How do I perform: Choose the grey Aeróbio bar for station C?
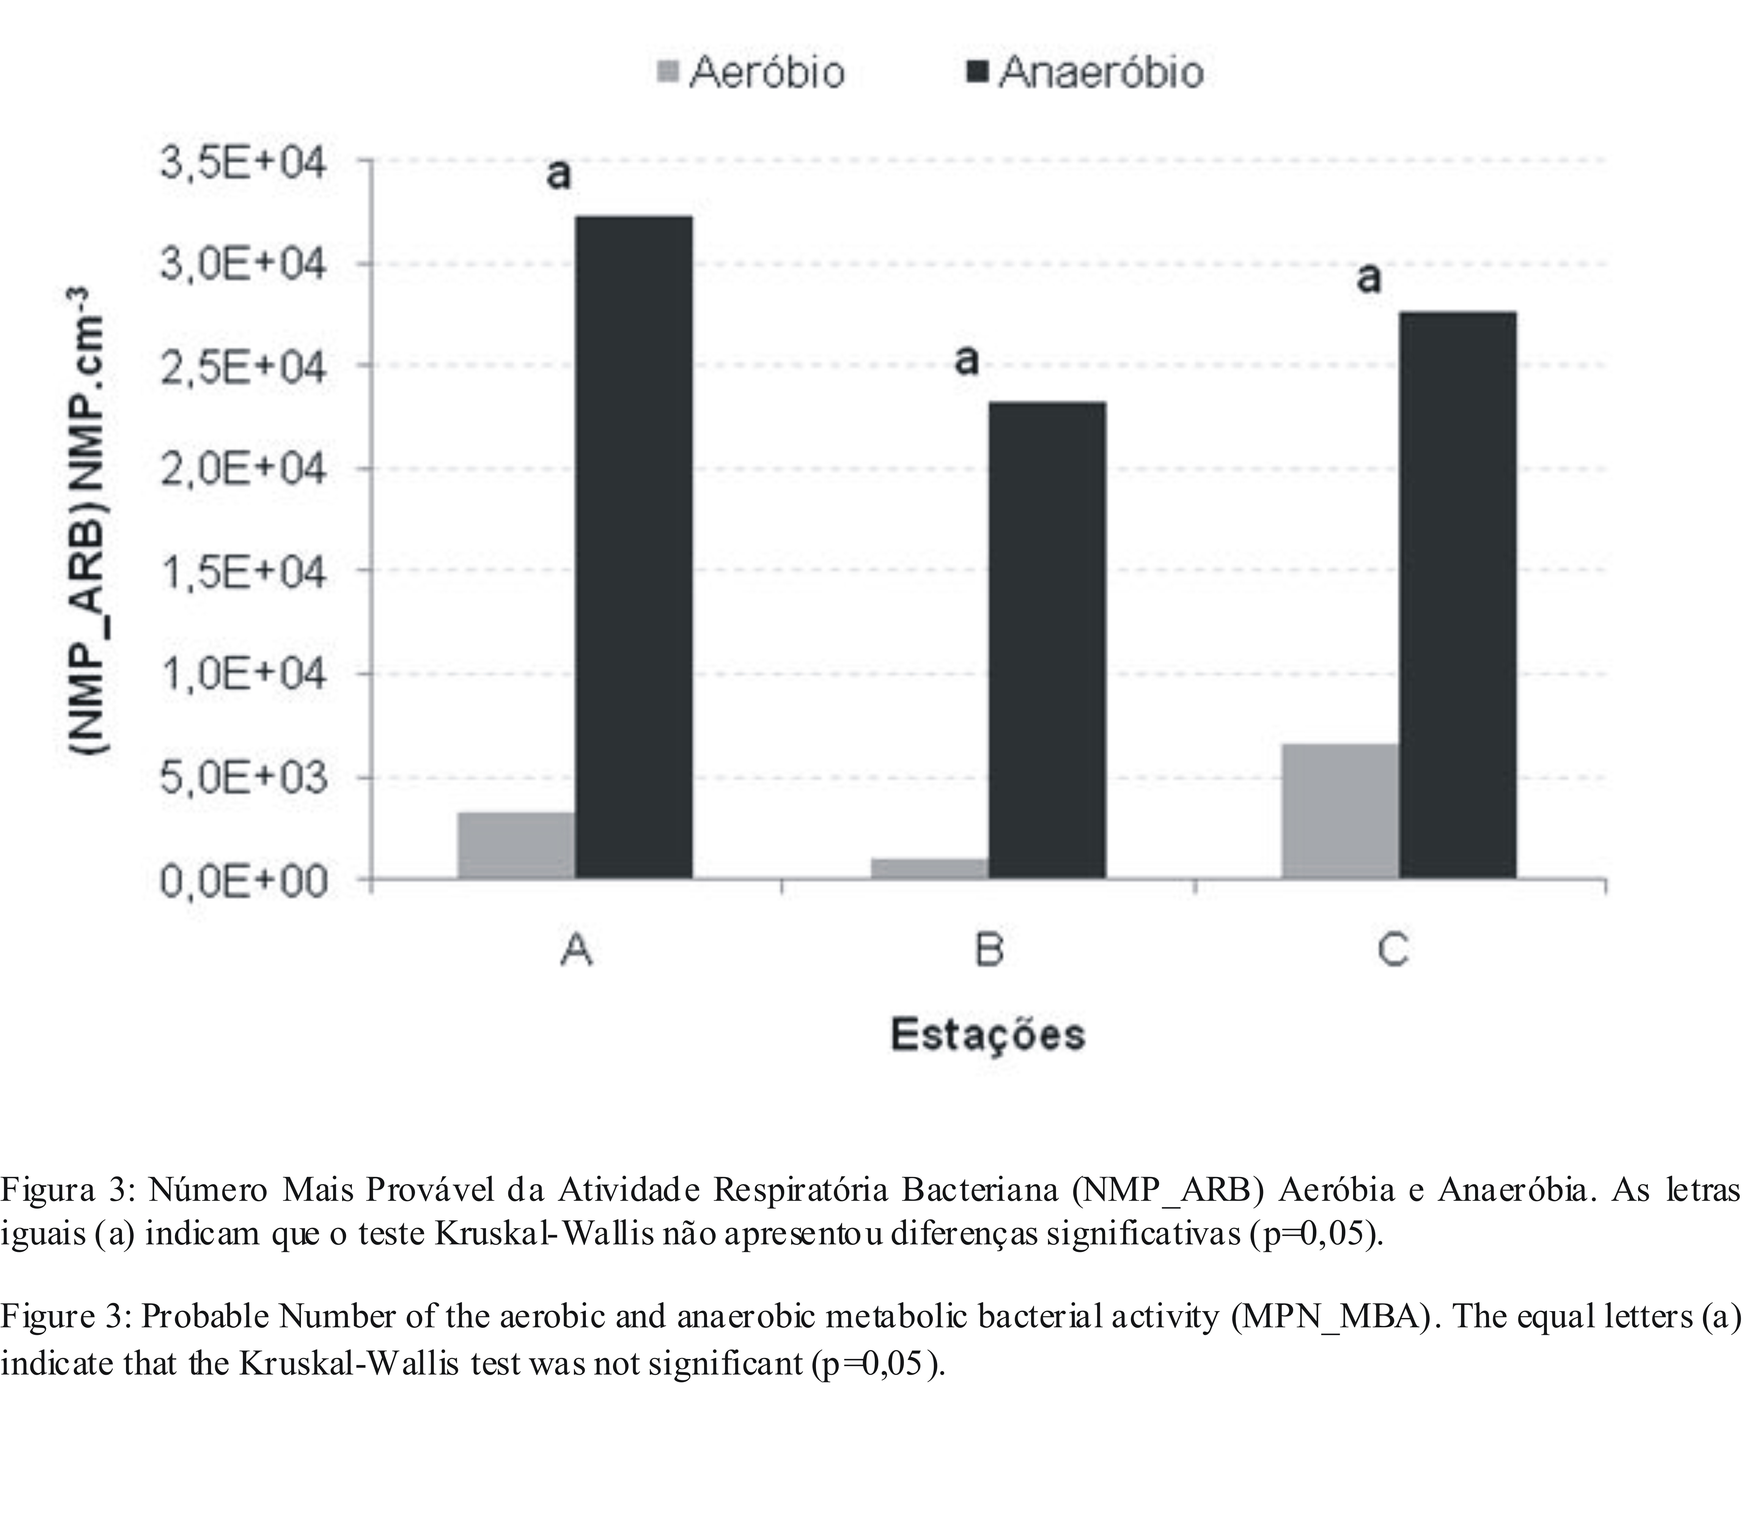tap(1340, 811)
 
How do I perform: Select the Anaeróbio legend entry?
tap(1085, 72)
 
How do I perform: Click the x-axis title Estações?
tap(988, 1034)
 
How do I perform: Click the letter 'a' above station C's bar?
tap(1369, 277)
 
